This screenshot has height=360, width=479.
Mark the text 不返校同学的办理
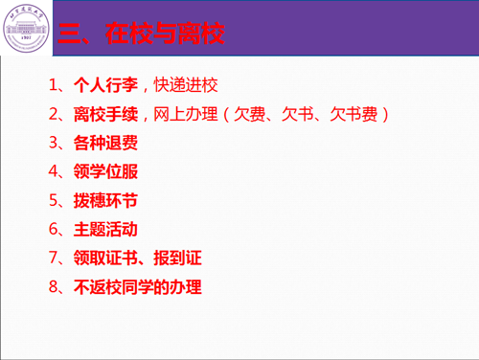coord(137,287)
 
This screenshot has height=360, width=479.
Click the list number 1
coord(55,85)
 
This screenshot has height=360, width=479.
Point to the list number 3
coord(55,144)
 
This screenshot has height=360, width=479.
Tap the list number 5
coord(55,201)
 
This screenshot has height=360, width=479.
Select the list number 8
coord(55,287)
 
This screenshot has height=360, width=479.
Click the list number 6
coord(55,230)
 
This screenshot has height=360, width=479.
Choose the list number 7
coord(55,259)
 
